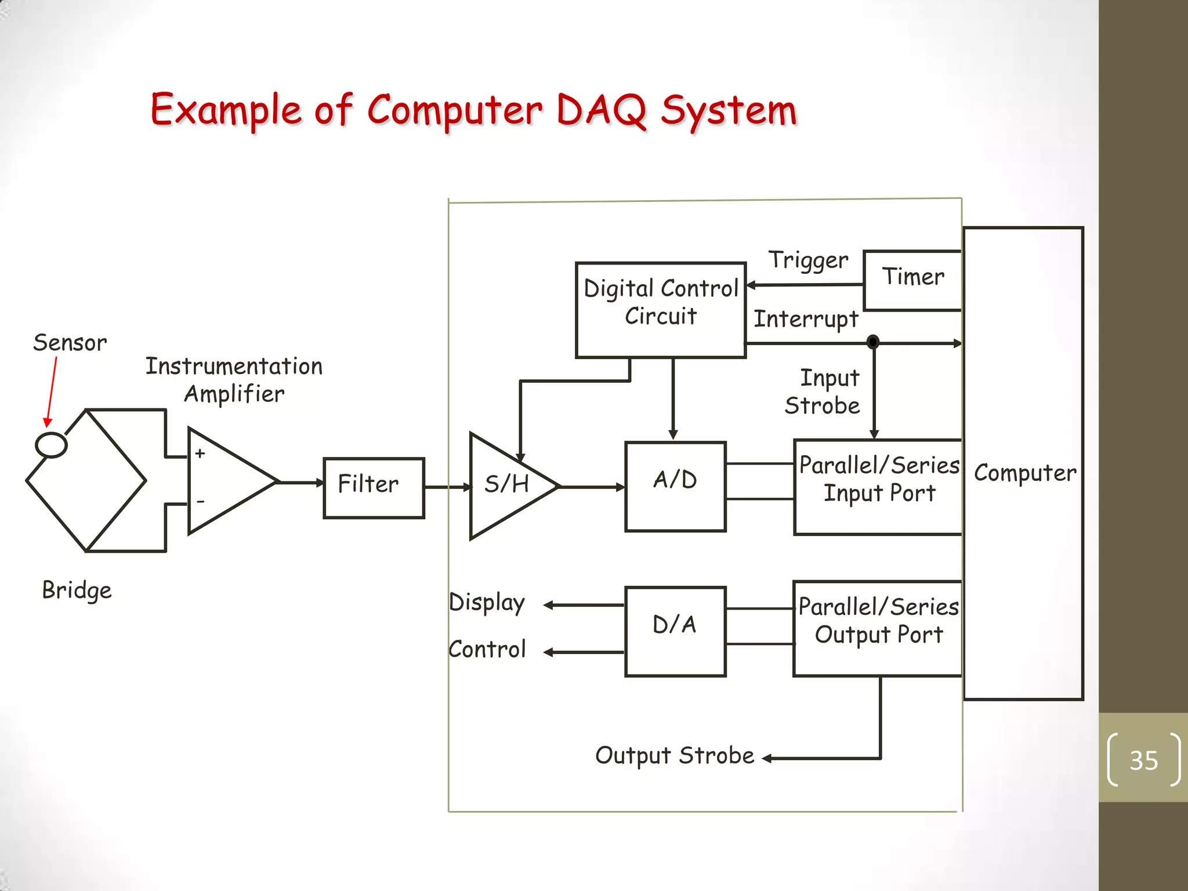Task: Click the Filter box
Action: coord(374,487)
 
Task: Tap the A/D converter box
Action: coord(675,486)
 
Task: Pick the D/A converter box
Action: coord(675,631)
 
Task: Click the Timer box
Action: coord(912,280)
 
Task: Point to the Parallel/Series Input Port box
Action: coord(878,486)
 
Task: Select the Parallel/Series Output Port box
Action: coord(878,628)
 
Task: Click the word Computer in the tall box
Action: coord(1024,473)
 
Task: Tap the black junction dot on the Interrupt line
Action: coord(873,342)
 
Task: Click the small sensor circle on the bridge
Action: coord(51,445)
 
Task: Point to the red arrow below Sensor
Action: coord(52,392)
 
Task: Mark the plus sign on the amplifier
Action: coord(200,453)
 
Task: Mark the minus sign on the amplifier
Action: coord(201,501)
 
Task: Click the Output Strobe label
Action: coord(675,756)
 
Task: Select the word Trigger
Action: coord(808,260)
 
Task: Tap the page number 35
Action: coord(1143,760)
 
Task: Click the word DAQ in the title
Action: coord(602,110)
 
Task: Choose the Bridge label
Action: coord(77,591)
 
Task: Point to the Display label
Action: coord(487,603)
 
